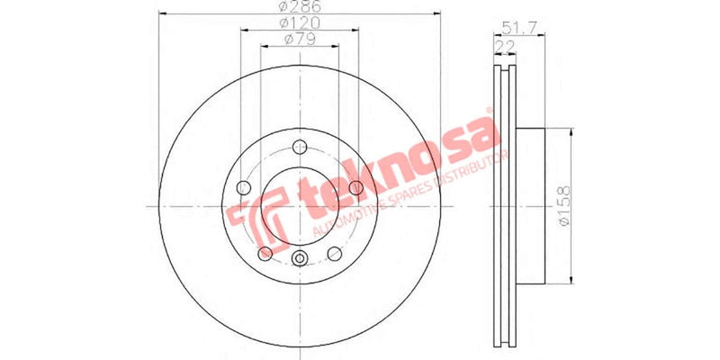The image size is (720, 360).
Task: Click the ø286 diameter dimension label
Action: click(x=300, y=6)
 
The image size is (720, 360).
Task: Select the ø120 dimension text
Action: click(x=300, y=22)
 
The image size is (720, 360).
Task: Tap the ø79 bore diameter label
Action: click(x=300, y=39)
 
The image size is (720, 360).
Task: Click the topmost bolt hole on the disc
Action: click(x=300, y=150)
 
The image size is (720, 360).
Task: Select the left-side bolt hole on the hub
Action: click(x=243, y=187)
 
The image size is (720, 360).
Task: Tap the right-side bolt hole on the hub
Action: click(x=356, y=187)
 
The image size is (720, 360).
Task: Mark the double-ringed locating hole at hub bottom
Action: click(x=300, y=261)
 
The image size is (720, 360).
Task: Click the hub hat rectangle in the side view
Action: click(x=531, y=206)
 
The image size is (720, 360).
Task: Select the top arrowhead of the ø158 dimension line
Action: click(x=570, y=133)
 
